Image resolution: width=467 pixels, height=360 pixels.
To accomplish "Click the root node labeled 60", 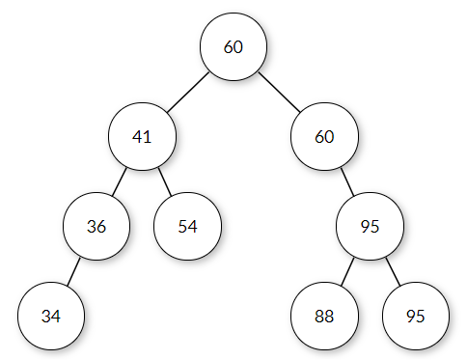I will point(233,45).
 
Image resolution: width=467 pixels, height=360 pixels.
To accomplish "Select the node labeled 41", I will point(142,136).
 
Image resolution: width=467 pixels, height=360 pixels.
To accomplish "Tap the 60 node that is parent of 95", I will point(323,136).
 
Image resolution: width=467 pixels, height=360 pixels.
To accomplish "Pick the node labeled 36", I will point(96,227).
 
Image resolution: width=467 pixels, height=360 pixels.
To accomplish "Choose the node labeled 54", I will point(187,227).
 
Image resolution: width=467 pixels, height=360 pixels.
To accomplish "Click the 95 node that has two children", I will point(369,227).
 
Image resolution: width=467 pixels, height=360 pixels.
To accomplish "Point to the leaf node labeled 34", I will point(51,317).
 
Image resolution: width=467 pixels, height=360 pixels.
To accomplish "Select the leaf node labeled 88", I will point(323,317).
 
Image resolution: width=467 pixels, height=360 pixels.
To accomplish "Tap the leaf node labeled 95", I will point(414,317).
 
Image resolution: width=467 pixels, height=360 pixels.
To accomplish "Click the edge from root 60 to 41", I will point(187,91).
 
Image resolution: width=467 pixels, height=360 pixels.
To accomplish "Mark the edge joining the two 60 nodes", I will point(278,91).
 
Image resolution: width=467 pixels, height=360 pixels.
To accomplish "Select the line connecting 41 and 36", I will point(120,181).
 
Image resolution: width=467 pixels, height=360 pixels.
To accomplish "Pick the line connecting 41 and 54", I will point(164,181).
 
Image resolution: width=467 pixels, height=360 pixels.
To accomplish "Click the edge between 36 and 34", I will point(74,272).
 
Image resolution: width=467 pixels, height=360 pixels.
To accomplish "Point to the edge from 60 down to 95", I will point(345,181).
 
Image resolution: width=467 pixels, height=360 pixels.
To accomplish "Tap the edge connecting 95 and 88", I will point(345,272).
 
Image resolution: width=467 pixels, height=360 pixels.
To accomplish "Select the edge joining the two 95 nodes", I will point(392,272).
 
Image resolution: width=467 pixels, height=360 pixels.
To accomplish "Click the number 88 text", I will point(323,317).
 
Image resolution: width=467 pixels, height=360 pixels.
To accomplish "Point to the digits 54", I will point(187,227).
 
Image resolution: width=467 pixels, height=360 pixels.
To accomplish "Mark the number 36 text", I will point(96,227).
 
